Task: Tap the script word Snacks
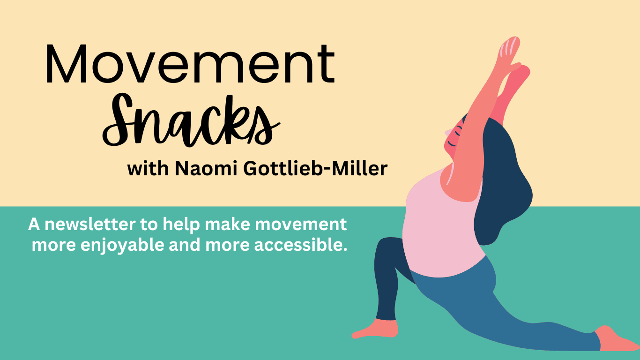coord(191,120)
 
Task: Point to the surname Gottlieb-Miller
coord(315,168)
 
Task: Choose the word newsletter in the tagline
coord(90,225)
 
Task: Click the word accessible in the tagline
coord(301,245)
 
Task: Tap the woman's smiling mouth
coord(452,144)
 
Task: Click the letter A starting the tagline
coord(34,225)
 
